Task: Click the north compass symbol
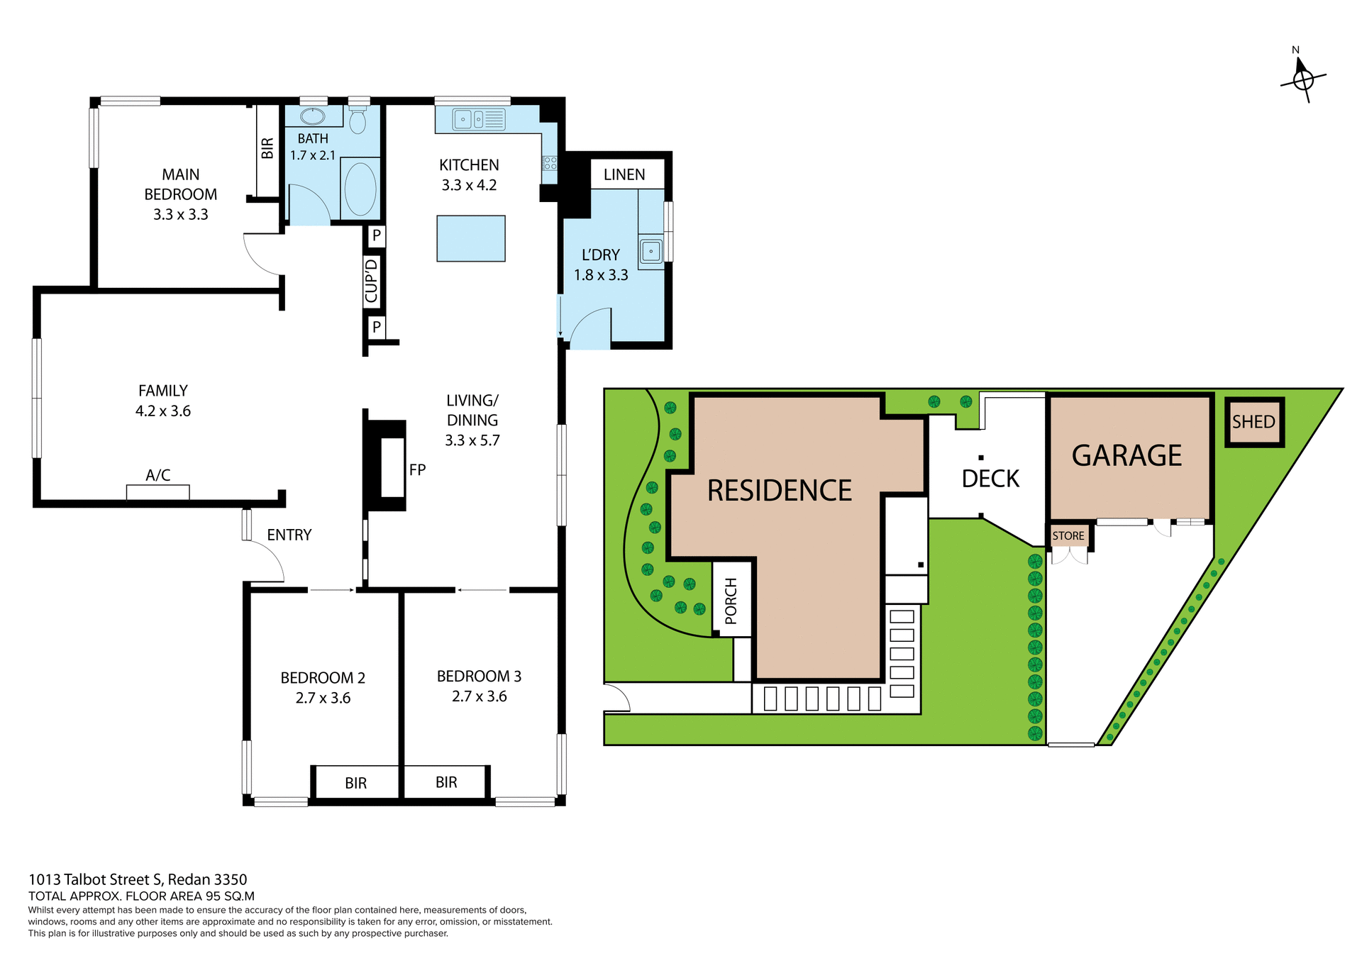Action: (x=1303, y=79)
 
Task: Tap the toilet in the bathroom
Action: (x=358, y=120)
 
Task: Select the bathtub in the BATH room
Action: (x=360, y=189)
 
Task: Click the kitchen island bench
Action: (x=471, y=239)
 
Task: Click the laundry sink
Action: (x=650, y=251)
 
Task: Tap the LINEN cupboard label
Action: (x=624, y=174)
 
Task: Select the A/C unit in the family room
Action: (x=157, y=491)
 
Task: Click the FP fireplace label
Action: (x=417, y=469)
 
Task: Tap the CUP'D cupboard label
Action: (x=372, y=281)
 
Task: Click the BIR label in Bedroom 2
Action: (x=355, y=783)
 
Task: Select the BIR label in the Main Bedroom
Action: (x=267, y=148)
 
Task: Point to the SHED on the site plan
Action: (x=1253, y=422)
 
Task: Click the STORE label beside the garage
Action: (x=1068, y=536)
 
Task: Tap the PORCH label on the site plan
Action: (x=731, y=601)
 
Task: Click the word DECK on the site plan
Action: (x=990, y=479)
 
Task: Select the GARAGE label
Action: (x=1126, y=455)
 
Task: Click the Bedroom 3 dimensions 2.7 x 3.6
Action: (x=479, y=696)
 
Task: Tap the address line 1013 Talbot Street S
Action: (x=138, y=880)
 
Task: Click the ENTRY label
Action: (x=289, y=535)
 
